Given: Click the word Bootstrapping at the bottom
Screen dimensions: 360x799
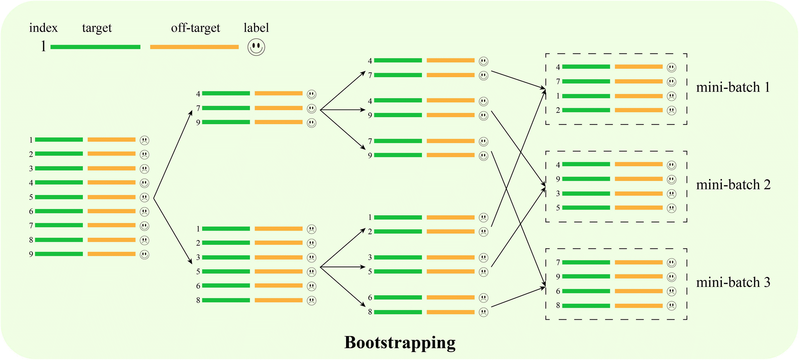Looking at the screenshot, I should coord(399,342).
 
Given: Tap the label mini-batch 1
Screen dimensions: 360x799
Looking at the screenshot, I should coord(733,87).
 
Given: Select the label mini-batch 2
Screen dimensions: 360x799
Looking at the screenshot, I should coord(733,185).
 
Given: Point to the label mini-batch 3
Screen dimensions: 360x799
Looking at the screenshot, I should coord(733,283).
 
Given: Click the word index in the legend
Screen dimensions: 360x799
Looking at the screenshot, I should coord(43,28).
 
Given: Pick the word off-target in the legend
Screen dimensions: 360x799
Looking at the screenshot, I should coord(195,28).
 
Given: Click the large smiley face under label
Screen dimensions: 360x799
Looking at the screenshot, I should coord(256,47).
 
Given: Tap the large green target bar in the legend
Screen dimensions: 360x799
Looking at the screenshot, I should coord(95,47).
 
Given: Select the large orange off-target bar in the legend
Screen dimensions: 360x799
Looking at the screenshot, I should coord(194,47).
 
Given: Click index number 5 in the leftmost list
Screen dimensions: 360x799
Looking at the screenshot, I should coord(31,197).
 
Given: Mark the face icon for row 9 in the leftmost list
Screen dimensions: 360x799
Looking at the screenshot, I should coord(144,255).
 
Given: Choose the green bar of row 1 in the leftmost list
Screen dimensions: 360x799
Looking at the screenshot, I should coord(59,140).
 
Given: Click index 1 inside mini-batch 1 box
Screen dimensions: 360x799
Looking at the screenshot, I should coord(558,96).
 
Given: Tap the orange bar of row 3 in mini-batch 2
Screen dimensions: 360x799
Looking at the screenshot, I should coord(638,193).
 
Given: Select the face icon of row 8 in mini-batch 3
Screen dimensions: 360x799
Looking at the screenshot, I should coord(671,306).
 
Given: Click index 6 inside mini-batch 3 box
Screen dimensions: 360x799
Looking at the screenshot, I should coord(558,291).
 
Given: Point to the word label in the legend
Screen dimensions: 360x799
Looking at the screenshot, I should coord(256,28).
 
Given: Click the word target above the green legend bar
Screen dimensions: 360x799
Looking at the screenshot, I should coord(97,28).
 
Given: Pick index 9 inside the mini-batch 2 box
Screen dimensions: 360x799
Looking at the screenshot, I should coord(558,179).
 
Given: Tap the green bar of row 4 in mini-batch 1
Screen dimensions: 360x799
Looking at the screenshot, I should coord(586,67).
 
